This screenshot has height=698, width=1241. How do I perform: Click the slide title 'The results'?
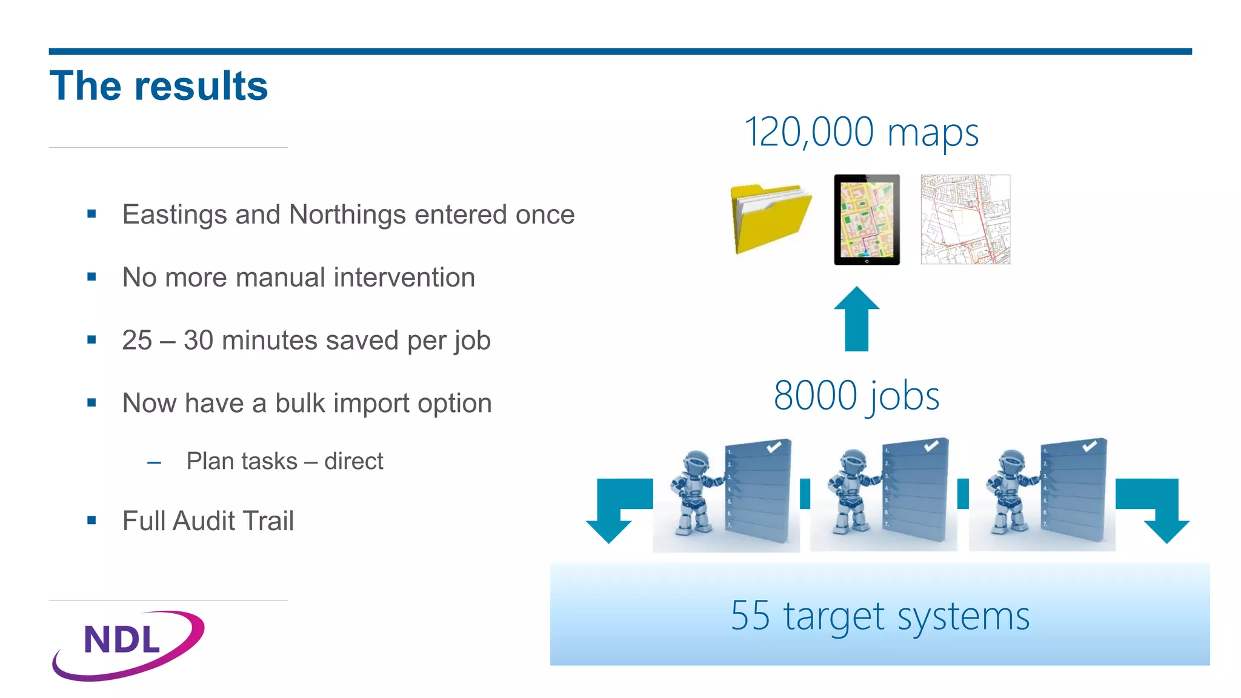tap(159, 85)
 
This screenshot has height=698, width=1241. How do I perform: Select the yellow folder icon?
tap(770, 219)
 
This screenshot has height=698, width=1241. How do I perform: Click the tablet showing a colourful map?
tap(867, 219)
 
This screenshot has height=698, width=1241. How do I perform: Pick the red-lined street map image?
tap(965, 219)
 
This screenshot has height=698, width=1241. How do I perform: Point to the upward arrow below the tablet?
tap(856, 319)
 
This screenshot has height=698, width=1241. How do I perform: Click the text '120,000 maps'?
tap(861, 132)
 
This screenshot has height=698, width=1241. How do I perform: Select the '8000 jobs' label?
tap(856, 396)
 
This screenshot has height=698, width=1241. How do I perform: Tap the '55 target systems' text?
tap(880, 616)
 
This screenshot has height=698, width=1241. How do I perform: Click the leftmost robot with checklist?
tap(727, 494)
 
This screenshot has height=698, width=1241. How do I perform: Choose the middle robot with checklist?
tap(883, 494)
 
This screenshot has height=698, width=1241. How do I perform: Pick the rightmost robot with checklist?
tap(1042, 494)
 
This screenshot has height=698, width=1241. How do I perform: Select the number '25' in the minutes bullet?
tap(137, 340)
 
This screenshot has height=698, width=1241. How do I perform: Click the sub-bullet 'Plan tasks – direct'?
tap(284, 461)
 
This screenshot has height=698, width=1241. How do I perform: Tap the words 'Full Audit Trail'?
tap(208, 521)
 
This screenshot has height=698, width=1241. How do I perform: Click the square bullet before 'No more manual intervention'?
tap(91, 277)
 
